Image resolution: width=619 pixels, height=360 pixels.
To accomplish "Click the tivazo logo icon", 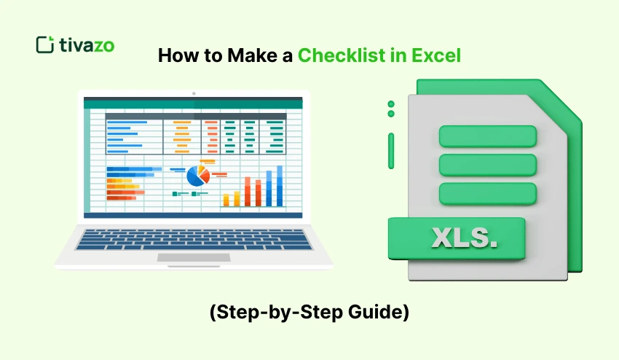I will (x=45, y=44).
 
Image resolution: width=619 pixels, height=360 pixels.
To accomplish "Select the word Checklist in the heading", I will (x=341, y=56).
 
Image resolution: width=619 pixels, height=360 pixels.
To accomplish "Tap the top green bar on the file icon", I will (x=488, y=136).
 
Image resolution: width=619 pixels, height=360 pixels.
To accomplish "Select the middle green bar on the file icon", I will (x=488, y=165).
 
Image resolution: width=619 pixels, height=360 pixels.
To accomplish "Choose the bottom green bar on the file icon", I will (x=488, y=193).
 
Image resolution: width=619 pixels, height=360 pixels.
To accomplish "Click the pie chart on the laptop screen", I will (x=197, y=175).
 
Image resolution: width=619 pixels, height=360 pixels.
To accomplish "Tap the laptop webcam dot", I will (x=194, y=93).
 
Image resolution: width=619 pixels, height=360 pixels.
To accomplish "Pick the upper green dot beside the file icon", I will (x=391, y=104).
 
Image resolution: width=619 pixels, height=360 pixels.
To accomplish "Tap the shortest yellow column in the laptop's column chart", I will (x=226, y=200).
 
